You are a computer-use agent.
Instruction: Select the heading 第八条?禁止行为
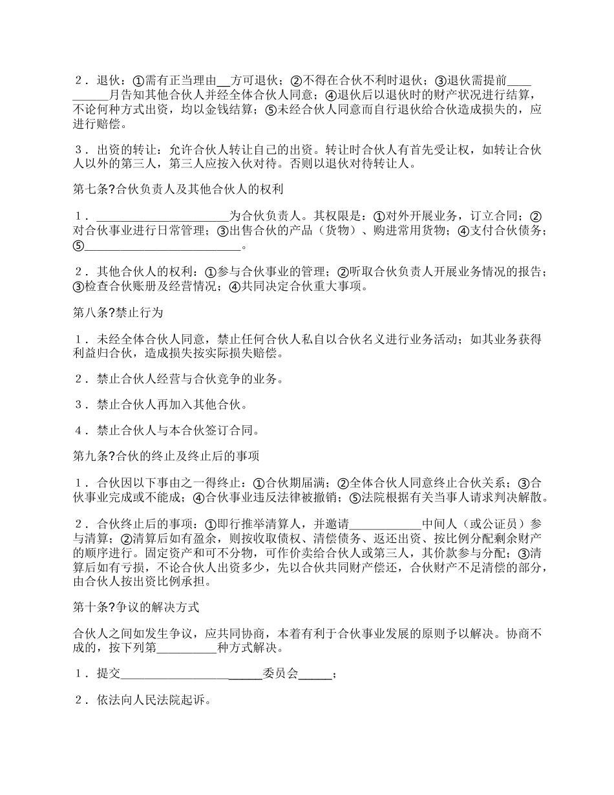[x=118, y=313]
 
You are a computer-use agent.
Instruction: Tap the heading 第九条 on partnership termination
[x=166, y=456]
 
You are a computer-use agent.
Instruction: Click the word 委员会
[x=281, y=673]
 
